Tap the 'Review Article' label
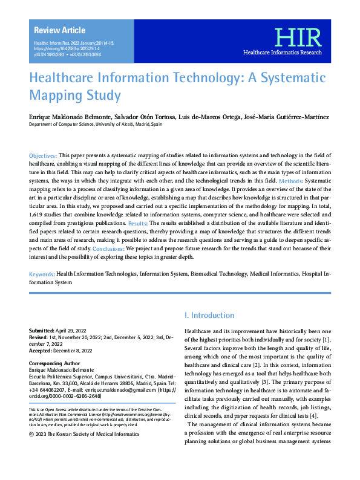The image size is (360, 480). [60, 30]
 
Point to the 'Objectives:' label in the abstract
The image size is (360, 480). [44, 156]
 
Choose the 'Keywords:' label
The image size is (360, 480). [42, 274]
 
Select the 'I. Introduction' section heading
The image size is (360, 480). [209, 315]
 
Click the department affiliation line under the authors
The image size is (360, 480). [96, 123]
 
